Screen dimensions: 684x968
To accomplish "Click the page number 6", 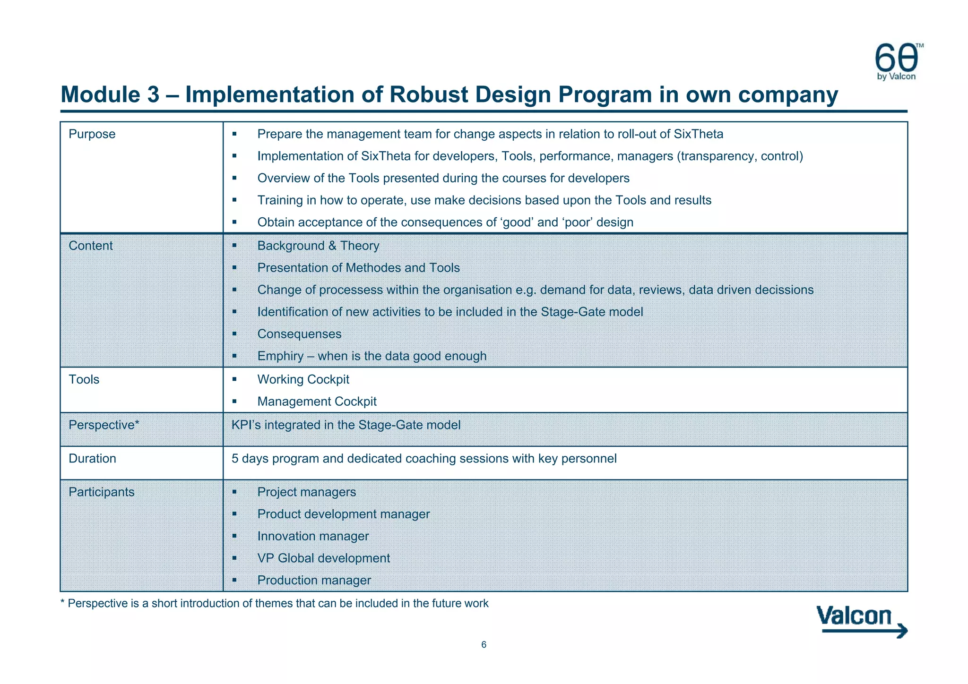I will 484,645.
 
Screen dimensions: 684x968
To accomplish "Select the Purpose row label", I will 92,134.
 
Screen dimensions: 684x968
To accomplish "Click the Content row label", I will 91,246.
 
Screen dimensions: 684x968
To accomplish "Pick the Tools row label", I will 84,379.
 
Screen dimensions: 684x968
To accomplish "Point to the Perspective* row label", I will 104,425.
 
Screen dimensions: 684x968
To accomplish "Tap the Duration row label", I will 92,459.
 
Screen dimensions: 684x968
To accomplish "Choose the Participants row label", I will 102,492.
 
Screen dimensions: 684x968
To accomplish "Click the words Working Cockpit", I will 303,379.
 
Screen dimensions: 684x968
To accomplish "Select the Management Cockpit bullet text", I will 317,402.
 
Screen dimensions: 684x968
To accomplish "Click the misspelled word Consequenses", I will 299,334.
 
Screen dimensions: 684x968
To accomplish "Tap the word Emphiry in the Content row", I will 280,356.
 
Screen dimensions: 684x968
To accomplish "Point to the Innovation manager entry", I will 313,536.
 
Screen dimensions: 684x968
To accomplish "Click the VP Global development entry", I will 324,558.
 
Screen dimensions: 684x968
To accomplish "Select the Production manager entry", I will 314,581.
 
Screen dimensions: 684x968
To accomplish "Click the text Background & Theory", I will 318,246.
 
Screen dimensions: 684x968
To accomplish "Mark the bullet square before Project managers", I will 234,492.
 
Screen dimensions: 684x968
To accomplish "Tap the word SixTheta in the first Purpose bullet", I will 698,134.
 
